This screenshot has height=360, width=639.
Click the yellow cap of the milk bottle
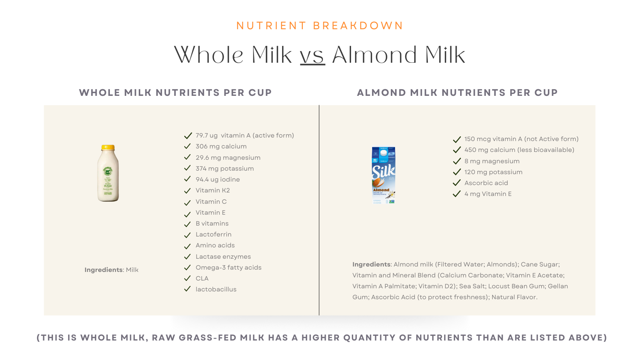pyautogui.click(x=108, y=148)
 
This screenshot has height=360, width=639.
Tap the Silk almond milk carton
pyautogui.click(x=384, y=175)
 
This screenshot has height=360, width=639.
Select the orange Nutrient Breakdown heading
pyautogui.click(x=319, y=26)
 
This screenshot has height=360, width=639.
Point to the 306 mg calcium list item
pyautogui.click(x=221, y=146)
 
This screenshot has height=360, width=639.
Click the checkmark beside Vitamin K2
pyautogui.click(x=187, y=191)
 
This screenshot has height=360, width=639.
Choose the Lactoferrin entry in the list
pyautogui.click(x=214, y=235)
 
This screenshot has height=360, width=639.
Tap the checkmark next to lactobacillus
pyautogui.click(x=187, y=289)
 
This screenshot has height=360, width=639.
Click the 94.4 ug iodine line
pyautogui.click(x=218, y=180)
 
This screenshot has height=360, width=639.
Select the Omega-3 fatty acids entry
pyautogui.click(x=228, y=268)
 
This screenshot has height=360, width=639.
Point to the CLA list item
pyautogui.click(x=202, y=279)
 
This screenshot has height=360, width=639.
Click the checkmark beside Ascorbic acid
pyautogui.click(x=457, y=183)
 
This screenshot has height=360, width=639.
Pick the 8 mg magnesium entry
pyautogui.click(x=492, y=161)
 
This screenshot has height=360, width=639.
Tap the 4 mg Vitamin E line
pyautogui.click(x=488, y=194)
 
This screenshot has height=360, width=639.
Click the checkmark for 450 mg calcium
pyautogui.click(x=457, y=150)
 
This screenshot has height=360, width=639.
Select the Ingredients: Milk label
pyautogui.click(x=111, y=270)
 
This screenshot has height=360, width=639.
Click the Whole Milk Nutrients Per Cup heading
pyautogui.click(x=175, y=93)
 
